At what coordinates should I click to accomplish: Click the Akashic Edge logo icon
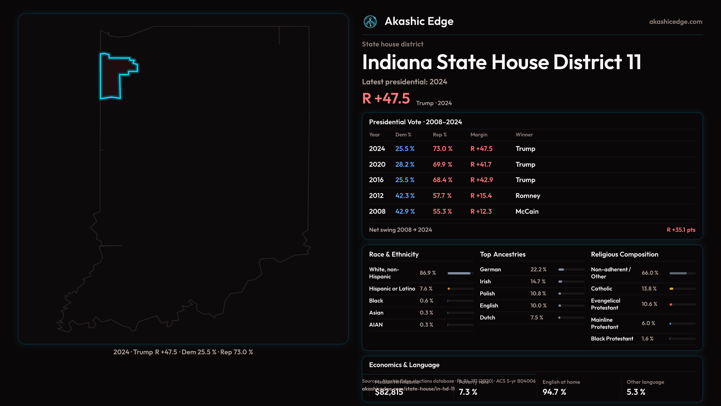[370, 22]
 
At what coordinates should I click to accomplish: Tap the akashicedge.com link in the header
[676, 22]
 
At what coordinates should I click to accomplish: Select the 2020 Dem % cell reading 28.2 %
[405, 165]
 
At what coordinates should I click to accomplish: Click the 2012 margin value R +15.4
[481, 196]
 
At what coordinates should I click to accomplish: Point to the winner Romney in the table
[528, 196]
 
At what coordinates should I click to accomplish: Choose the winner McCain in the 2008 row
[527, 212]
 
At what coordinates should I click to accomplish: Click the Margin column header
[479, 135]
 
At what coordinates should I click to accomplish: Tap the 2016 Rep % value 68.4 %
[442, 180]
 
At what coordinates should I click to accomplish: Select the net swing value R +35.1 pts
[681, 230]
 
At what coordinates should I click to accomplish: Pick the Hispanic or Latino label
[392, 289]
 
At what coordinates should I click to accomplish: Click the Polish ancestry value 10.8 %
[538, 294]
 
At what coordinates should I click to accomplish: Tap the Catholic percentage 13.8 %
[649, 289]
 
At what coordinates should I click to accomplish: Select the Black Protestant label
[612, 339]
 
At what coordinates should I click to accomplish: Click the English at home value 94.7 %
[554, 392]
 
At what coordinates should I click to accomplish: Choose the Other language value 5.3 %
[636, 392]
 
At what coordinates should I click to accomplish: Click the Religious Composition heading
[624, 255]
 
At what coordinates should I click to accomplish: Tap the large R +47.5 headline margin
[386, 98]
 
